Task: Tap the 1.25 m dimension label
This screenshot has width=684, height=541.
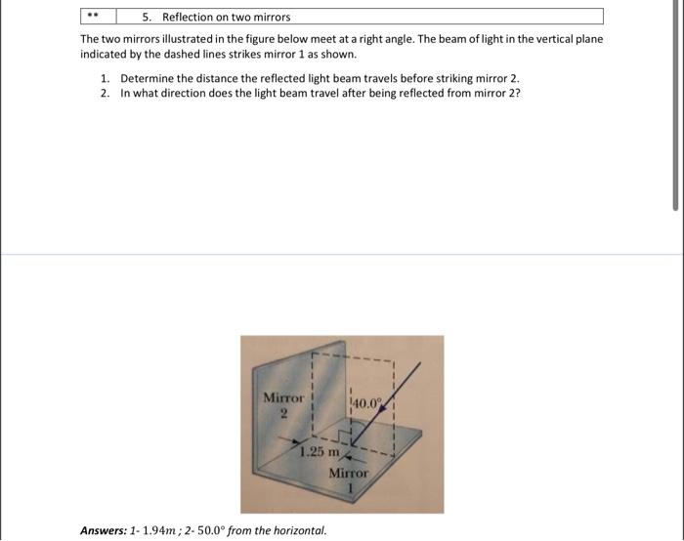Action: click(320, 452)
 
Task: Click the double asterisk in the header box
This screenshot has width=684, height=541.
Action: click(95, 17)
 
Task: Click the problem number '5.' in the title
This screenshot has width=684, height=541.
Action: click(146, 17)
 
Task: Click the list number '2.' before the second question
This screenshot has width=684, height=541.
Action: click(105, 93)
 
